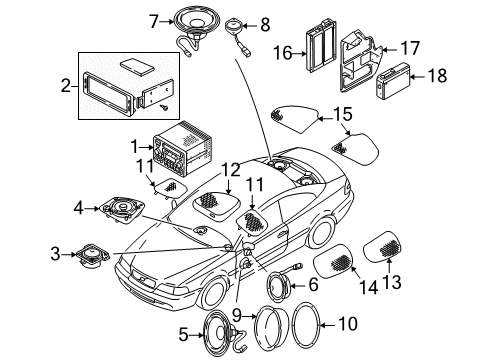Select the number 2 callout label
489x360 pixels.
[66, 86]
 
